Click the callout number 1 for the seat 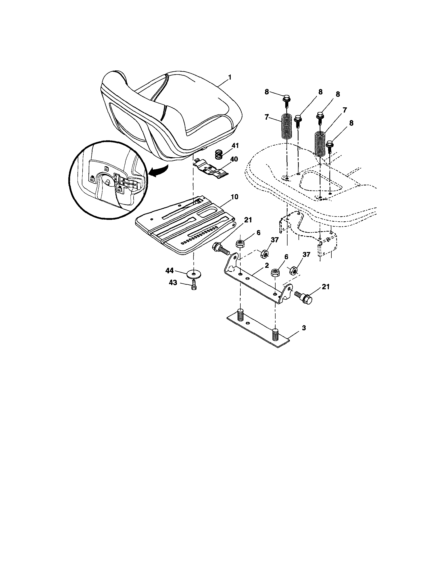(x=230, y=77)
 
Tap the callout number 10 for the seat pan (x=234, y=197)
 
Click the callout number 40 (x=234, y=159)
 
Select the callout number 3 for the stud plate (x=304, y=328)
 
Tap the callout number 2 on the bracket (x=267, y=266)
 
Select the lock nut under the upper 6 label (x=240, y=244)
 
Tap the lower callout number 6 (x=287, y=257)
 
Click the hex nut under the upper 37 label (x=265, y=253)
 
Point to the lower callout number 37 (x=306, y=255)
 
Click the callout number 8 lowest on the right (x=351, y=123)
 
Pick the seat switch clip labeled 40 (x=211, y=169)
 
